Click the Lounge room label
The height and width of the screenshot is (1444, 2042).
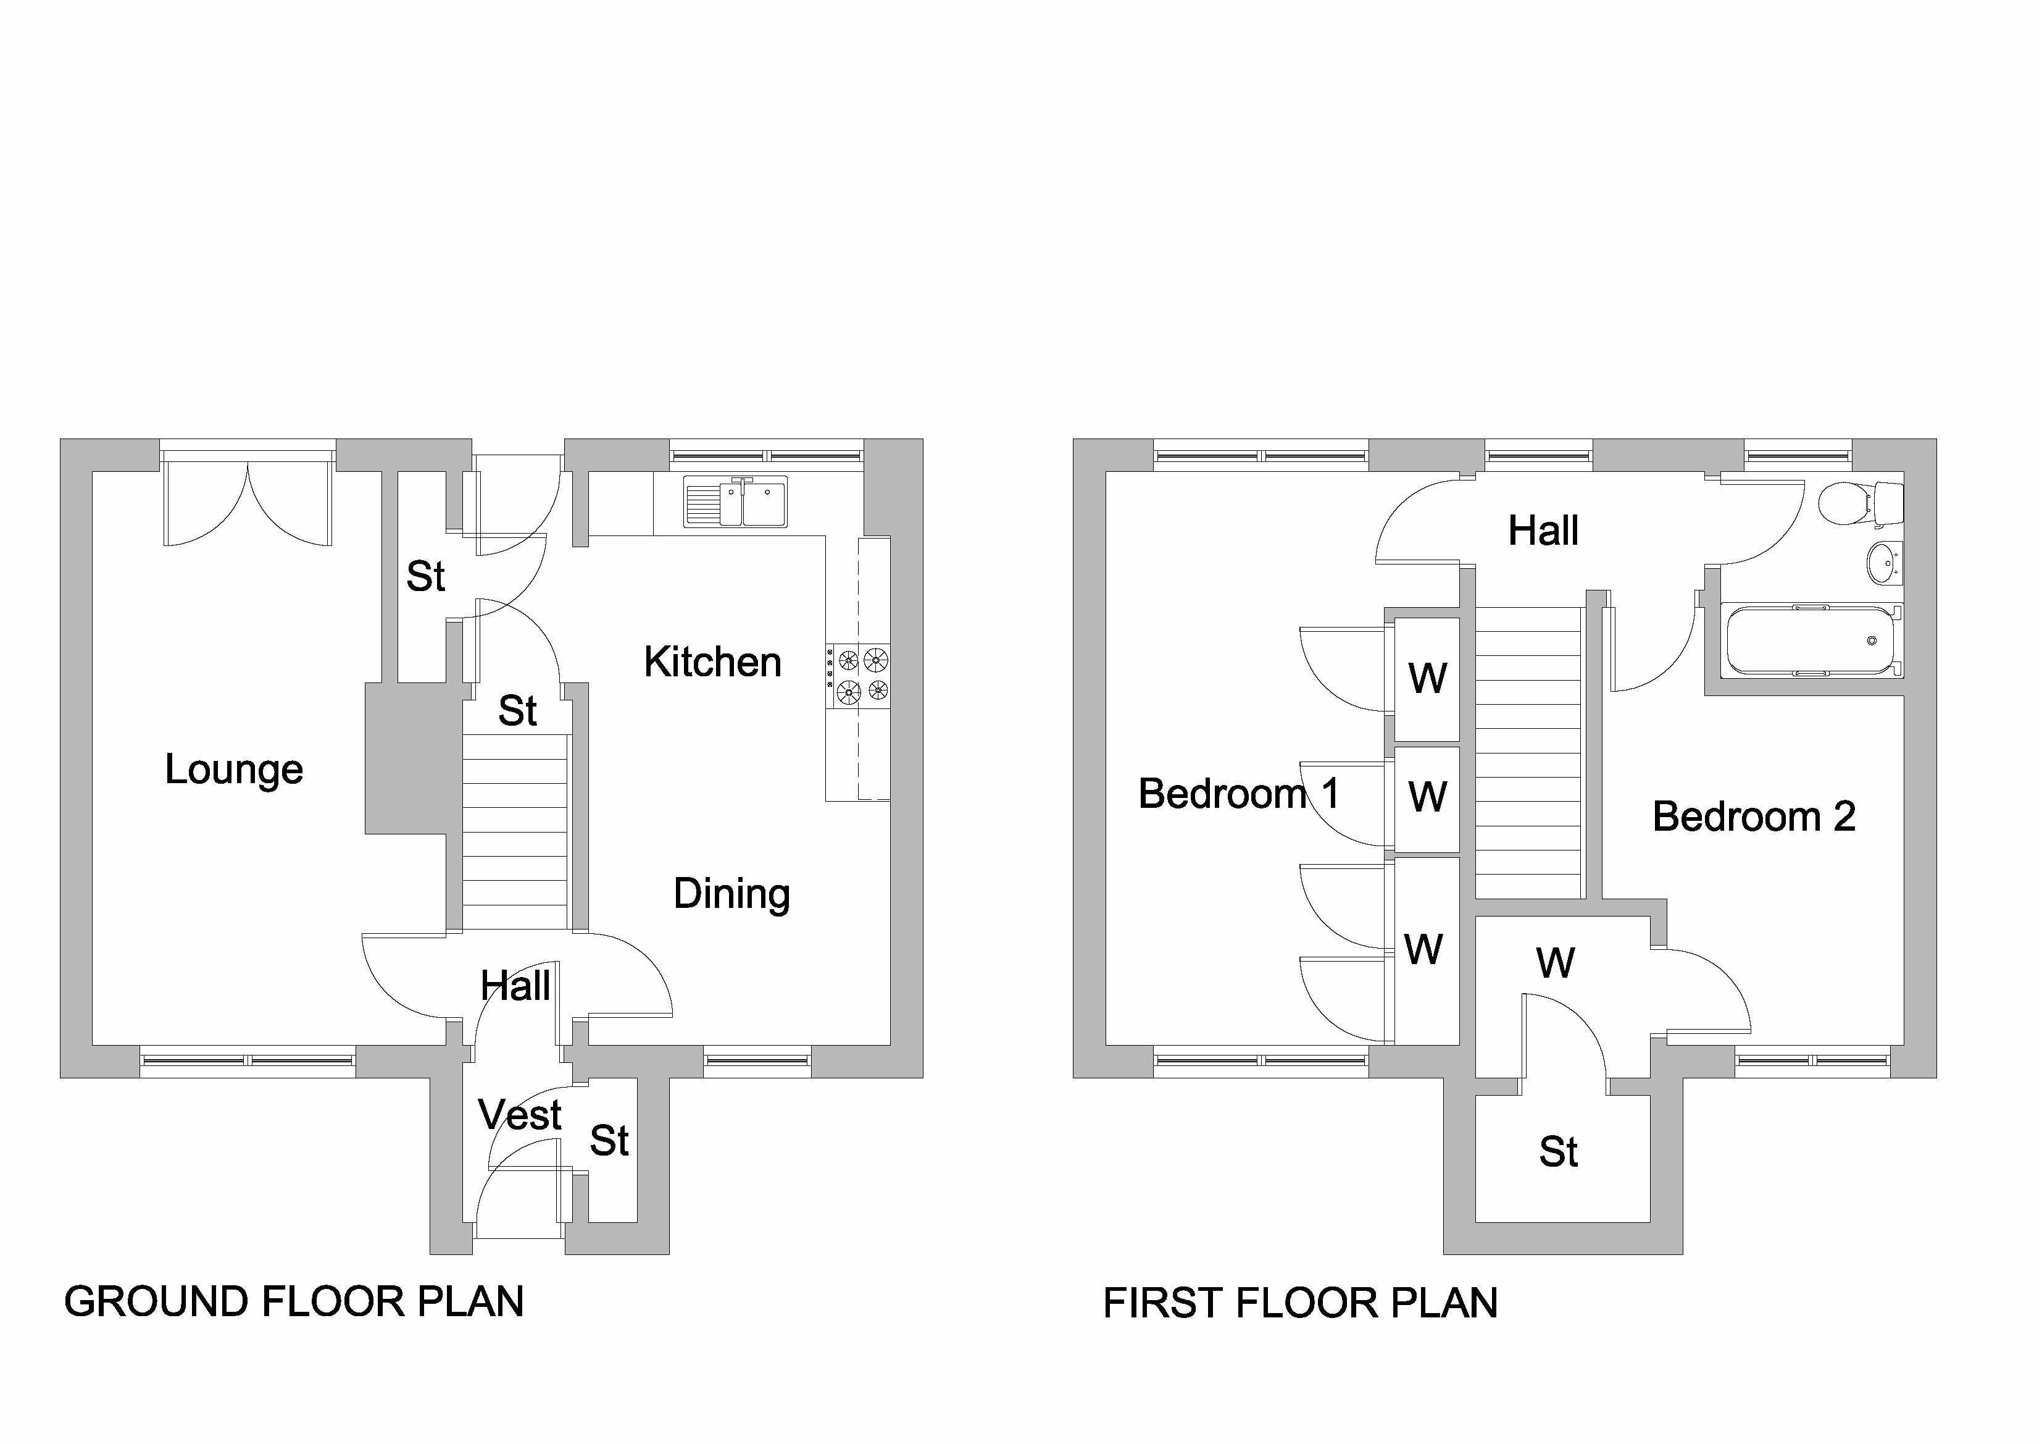click(x=234, y=770)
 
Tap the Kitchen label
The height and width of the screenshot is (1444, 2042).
click(x=712, y=663)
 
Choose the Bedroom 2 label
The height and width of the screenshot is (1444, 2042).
click(x=1753, y=816)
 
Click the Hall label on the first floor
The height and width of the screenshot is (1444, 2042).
click(x=1543, y=531)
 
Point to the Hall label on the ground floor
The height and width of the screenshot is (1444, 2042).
click(x=515, y=986)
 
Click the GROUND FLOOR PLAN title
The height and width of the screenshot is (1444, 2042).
click(x=293, y=1302)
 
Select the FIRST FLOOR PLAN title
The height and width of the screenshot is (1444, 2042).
click(x=1300, y=1303)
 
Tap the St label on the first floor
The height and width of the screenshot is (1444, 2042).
click(x=1558, y=1152)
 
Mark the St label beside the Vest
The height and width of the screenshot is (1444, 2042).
click(x=609, y=1141)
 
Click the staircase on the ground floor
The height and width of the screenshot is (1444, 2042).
click(x=515, y=832)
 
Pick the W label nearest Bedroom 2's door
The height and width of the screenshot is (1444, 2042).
click(x=1554, y=963)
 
